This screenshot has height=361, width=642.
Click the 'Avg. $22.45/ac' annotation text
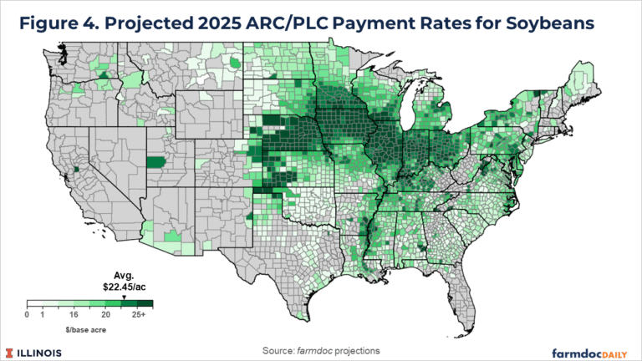click(x=124, y=284)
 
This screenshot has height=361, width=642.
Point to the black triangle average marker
click(x=124, y=297)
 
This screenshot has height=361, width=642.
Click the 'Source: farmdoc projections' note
click(x=322, y=346)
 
